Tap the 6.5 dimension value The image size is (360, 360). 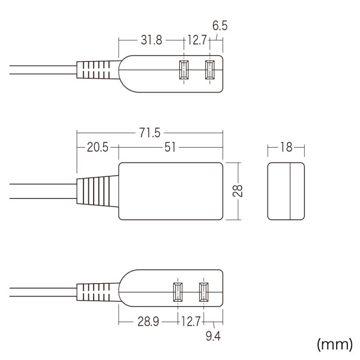[x=220, y=26]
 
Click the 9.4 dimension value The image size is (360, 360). [x=213, y=336]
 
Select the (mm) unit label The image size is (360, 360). [x=335, y=344]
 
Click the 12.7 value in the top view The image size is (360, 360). [x=196, y=41]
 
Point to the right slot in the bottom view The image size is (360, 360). [x=205, y=293]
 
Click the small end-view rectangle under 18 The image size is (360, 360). [x=286, y=190]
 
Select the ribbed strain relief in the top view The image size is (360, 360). [x=96, y=71]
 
